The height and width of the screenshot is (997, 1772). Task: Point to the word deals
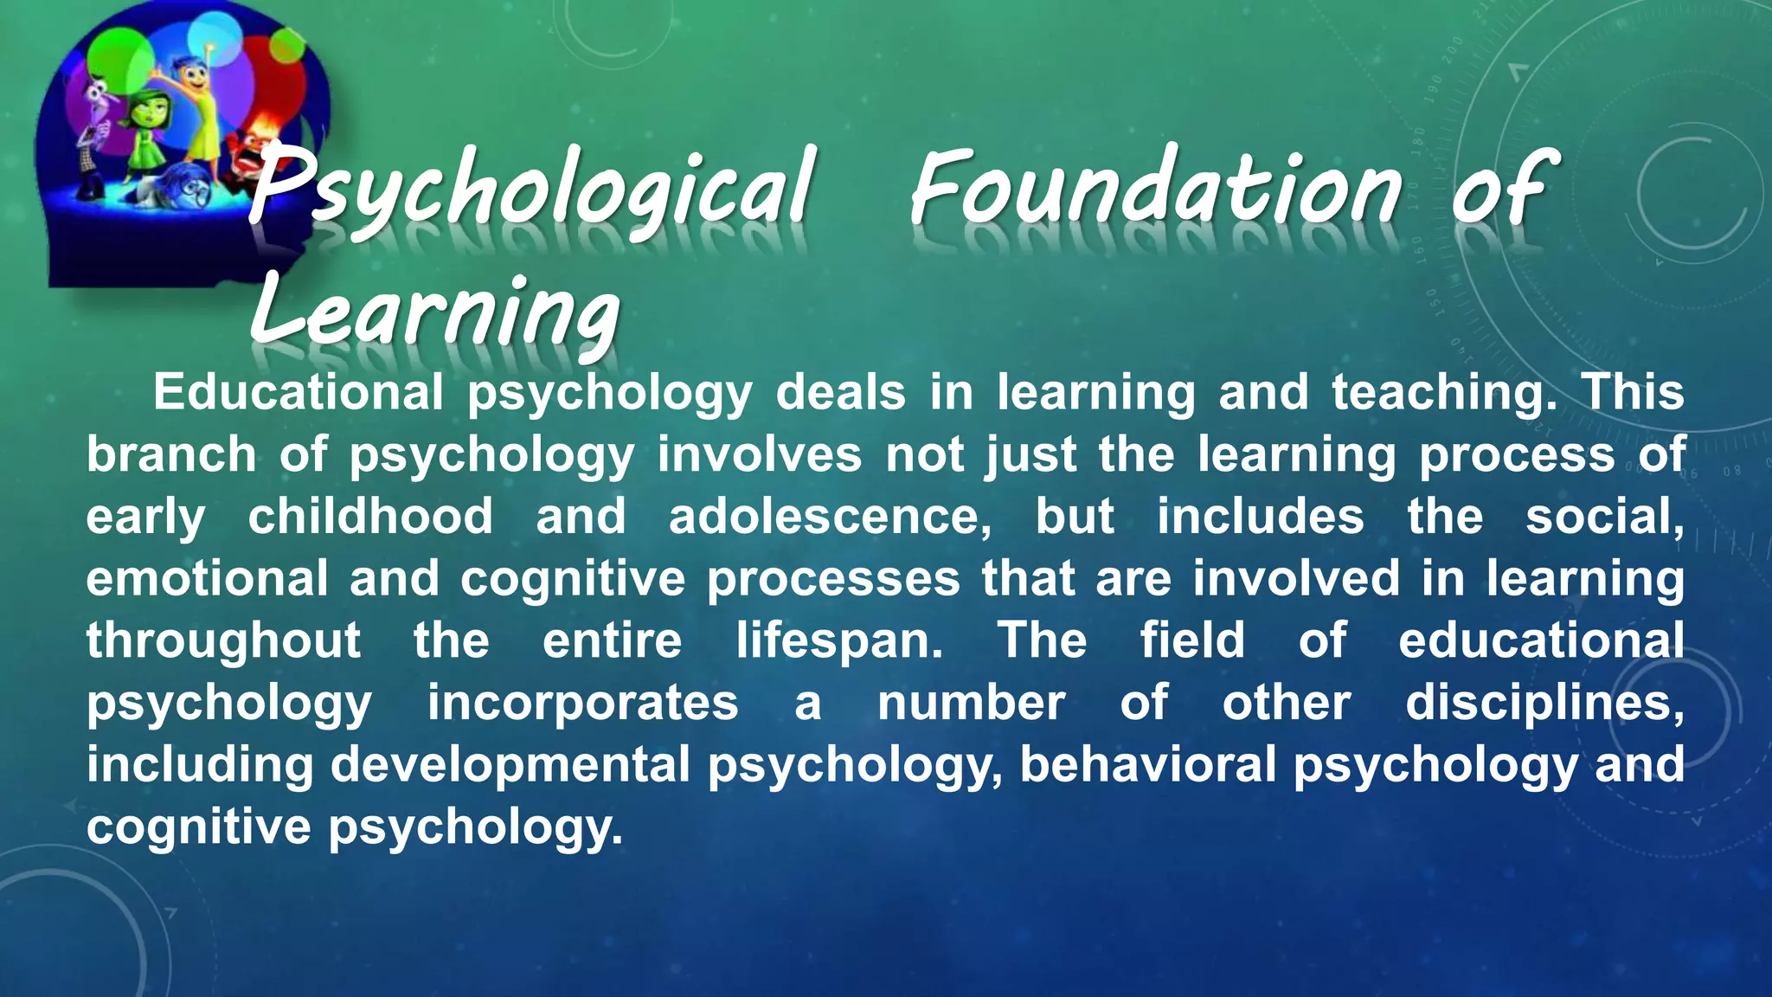click(x=840, y=392)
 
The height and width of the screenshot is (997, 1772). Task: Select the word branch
click(x=171, y=454)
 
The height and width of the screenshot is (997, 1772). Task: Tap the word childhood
click(x=370, y=517)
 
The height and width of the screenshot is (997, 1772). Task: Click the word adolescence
click(x=830, y=517)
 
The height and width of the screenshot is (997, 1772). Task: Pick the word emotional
click(x=207, y=578)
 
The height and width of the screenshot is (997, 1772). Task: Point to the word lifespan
click(x=839, y=640)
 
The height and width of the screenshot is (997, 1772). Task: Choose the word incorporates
click(x=583, y=703)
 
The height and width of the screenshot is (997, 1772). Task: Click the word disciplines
click(x=1544, y=703)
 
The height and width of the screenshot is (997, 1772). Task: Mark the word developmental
click(x=510, y=765)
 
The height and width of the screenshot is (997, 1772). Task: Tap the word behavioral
click(x=1147, y=765)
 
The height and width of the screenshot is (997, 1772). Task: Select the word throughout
click(x=223, y=640)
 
